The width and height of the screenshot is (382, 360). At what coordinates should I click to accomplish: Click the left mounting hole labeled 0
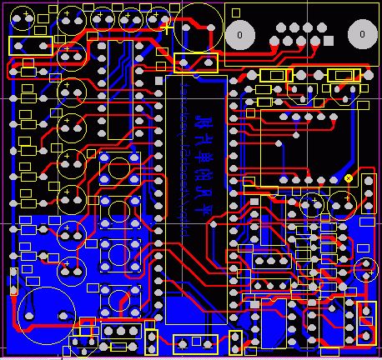pyautogui.click(x=240, y=35)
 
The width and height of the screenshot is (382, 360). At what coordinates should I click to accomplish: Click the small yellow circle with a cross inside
pyautogui.click(x=348, y=178)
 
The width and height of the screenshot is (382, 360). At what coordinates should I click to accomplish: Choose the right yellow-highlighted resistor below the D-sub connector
pyautogui.click(x=344, y=76)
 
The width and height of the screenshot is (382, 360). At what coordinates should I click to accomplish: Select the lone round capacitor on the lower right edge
pyautogui.click(x=364, y=269)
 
